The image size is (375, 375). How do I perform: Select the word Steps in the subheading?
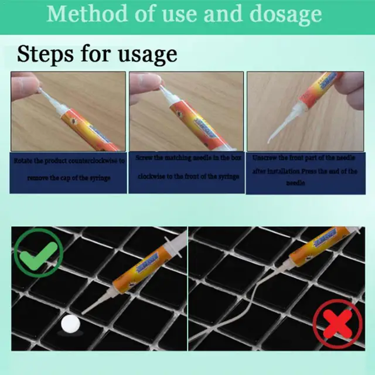point(47,54)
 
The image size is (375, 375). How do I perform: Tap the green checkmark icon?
point(38,253)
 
